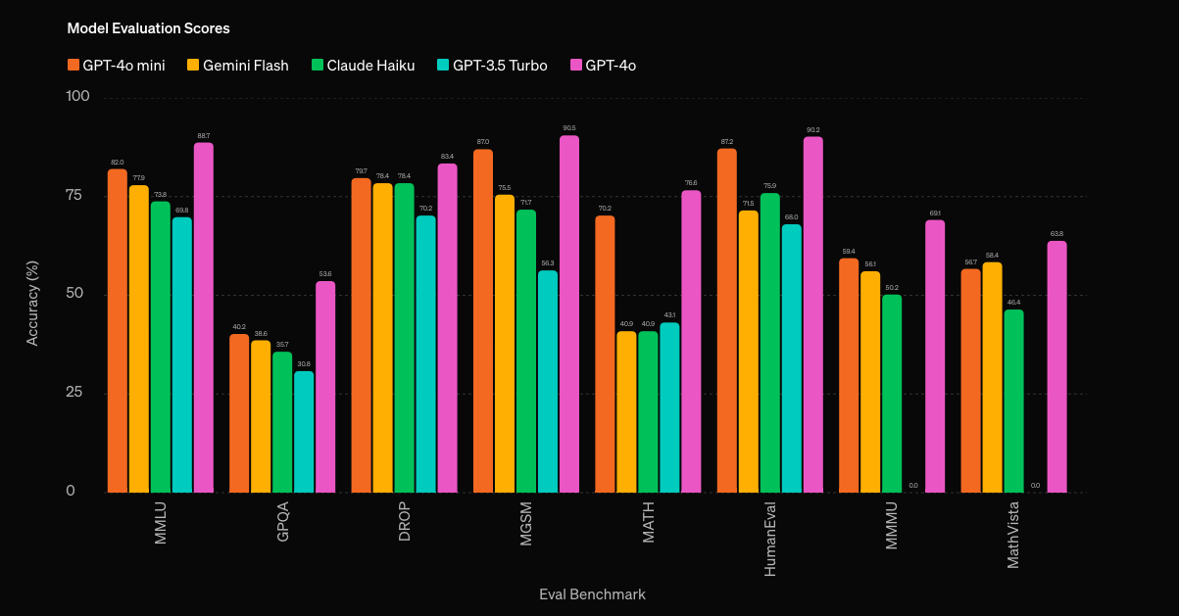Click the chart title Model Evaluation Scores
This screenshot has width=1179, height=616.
[148, 28]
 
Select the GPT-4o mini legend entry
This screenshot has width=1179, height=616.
[116, 66]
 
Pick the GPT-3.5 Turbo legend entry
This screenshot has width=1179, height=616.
[491, 66]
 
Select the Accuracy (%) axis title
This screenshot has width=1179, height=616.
[32, 303]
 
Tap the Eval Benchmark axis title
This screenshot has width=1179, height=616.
[592, 594]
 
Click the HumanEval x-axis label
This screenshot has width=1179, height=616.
[769, 538]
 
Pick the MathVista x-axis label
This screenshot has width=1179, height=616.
[1013, 535]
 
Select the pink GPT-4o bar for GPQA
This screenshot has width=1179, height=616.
[324, 387]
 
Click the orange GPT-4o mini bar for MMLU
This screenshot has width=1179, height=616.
[117, 331]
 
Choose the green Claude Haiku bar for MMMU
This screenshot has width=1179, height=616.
[892, 393]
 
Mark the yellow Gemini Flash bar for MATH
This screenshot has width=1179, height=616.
[626, 411]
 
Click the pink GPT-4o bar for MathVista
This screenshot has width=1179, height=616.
[1056, 366]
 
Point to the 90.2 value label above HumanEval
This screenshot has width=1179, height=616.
[812, 130]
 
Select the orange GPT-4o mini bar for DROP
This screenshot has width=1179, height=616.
[361, 335]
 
